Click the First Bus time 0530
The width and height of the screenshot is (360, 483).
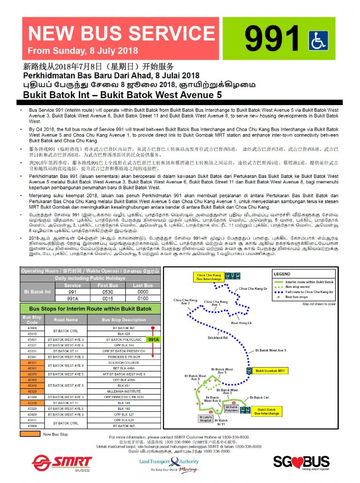[108, 291]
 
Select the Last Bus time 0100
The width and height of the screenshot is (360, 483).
[142, 298]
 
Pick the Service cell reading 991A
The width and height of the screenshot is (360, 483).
[73, 298]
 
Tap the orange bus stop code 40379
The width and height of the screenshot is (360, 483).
[32, 374]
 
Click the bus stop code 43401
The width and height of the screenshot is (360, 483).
[32, 339]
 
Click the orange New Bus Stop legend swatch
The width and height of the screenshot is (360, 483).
[30, 434]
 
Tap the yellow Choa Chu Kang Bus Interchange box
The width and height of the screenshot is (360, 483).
[209, 277]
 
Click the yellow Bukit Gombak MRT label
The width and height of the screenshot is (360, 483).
[270, 370]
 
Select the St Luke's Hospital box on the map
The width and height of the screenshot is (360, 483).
[206, 419]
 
